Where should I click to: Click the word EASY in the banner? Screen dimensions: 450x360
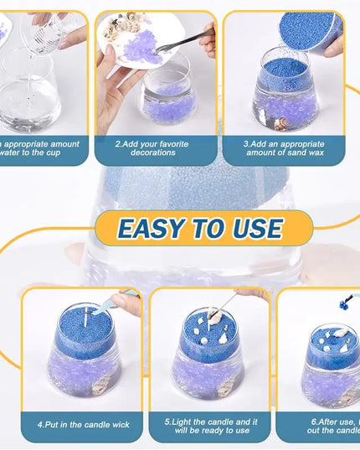tap(148, 228)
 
